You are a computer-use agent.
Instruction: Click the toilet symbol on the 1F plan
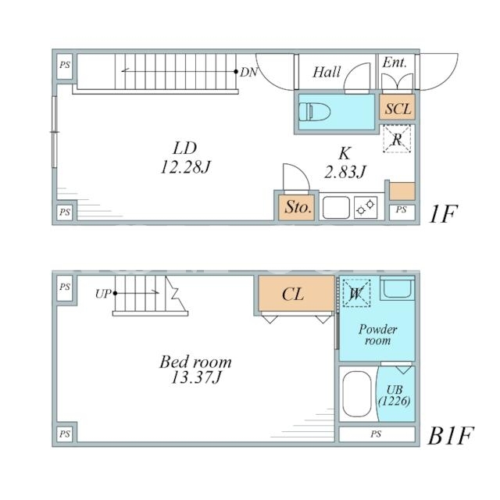point(315,112)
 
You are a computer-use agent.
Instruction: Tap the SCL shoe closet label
point(398,109)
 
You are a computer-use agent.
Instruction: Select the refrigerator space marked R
point(397,139)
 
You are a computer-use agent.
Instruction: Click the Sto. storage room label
point(298,207)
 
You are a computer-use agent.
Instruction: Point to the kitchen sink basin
point(336,208)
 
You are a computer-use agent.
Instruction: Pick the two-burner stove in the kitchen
point(366,207)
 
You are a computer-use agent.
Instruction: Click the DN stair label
point(248,73)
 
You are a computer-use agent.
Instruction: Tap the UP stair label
point(103,294)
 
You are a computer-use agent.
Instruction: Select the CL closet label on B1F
point(293,294)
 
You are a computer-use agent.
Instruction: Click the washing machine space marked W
point(356,293)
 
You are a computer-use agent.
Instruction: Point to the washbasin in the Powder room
point(398,288)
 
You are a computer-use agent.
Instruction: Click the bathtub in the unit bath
point(357,394)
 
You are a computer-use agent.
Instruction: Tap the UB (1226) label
point(395,395)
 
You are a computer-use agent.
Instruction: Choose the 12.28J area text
point(186,166)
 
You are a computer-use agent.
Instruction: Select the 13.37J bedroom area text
point(196,377)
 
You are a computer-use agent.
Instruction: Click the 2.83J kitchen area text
point(345,172)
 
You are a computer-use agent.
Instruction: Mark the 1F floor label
point(443,213)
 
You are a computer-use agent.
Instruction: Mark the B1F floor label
point(450,436)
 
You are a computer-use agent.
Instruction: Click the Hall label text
point(327,72)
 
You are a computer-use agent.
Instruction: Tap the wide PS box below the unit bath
point(377,434)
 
